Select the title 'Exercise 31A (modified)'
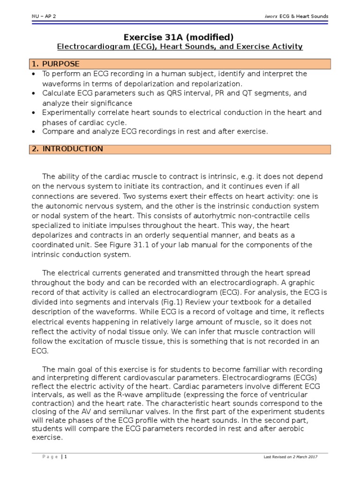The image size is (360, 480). coord(180,37)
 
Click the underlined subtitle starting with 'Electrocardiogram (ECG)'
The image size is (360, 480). coord(180,47)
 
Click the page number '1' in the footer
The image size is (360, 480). coord(66,457)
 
